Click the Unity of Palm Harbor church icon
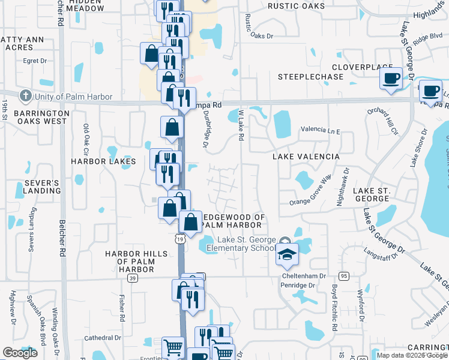pyautogui.click(x=25, y=96)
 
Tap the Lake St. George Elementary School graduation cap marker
pyautogui.click(x=287, y=255)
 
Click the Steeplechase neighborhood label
pyautogui.click(x=310, y=77)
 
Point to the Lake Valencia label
pyautogui.click(x=306, y=157)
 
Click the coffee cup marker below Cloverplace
pyautogui.click(x=391, y=79)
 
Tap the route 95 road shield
pyautogui.click(x=343, y=276)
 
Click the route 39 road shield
pyautogui.click(x=133, y=278)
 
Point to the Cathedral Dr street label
pyautogui.click(x=103, y=338)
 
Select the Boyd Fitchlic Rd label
pyautogui.click(x=334, y=307)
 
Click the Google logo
pyautogui.click(x=20, y=353)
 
